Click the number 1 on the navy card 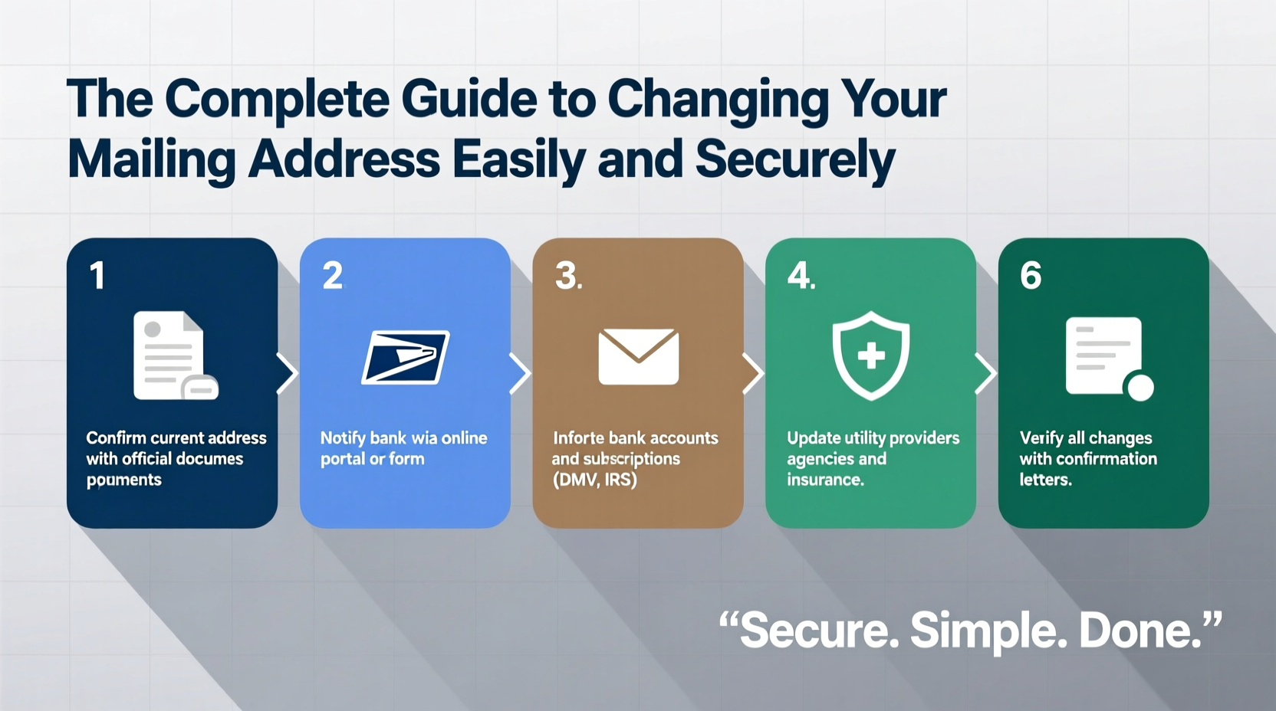pyautogui.click(x=97, y=276)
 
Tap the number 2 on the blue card pyautogui.click(x=332, y=276)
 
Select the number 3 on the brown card pyautogui.click(x=567, y=276)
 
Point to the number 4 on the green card pyautogui.click(x=799, y=276)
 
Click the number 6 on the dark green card pyautogui.click(x=1031, y=276)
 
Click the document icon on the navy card pyautogui.click(x=173, y=355)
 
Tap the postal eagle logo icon pyautogui.click(x=405, y=356)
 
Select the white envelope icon pyautogui.click(x=638, y=356)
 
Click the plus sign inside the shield pyautogui.click(x=871, y=355)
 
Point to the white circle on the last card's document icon pyautogui.click(x=1140, y=387)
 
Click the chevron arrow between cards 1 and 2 pyautogui.click(x=287, y=374)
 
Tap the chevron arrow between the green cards pyautogui.click(x=985, y=374)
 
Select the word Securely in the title pyautogui.click(x=795, y=159)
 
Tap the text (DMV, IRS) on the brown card pyautogui.click(x=594, y=480)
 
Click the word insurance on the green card pyautogui.click(x=825, y=480)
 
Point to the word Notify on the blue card pyautogui.click(x=342, y=438)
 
